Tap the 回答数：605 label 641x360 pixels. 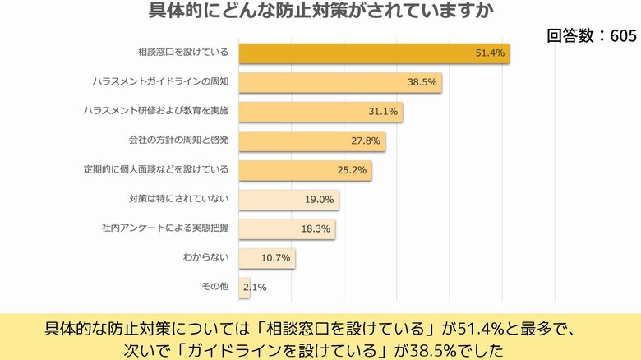tap(591, 35)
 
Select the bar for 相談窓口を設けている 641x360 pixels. tap(374, 53)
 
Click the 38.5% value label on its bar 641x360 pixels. tap(422, 83)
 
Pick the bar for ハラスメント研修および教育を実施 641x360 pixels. tap(320, 112)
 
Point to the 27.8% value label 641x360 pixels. tap(366, 141)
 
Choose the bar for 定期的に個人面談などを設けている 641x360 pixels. tap(305, 170)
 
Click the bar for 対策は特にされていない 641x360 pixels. tap(288, 200)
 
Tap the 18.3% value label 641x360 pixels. tap(316, 229)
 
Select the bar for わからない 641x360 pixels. tap(267, 258)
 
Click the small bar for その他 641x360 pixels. tap(244, 288)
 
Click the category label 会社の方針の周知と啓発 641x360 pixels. tap(178, 140)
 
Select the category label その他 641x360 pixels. tap(214, 286)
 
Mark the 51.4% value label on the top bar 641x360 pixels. tap(490, 53)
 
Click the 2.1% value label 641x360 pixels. tap(255, 288)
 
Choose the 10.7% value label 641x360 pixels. tap(275, 258)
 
